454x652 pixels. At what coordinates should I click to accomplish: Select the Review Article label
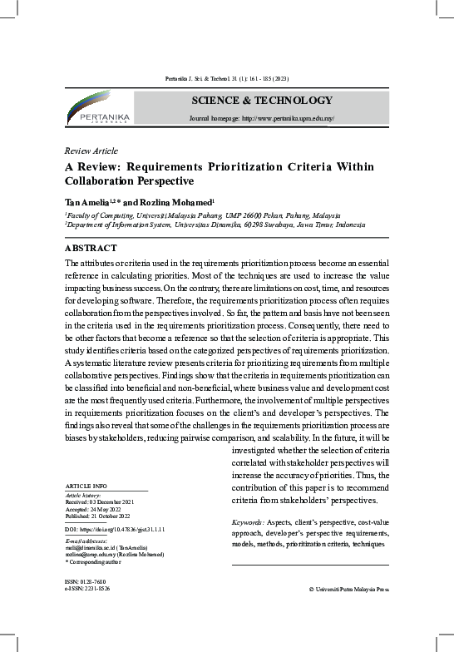91,151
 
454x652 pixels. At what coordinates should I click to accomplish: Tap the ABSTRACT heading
91,248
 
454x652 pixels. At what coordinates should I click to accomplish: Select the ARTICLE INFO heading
86,485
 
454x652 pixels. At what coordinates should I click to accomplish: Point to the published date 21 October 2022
112,516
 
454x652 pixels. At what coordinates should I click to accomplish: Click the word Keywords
247,521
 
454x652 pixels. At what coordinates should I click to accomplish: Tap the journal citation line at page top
226,79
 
